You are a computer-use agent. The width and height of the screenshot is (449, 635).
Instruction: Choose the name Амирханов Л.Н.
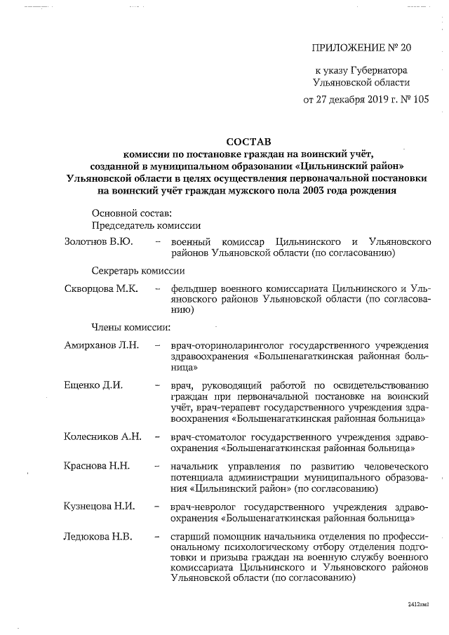[x=102, y=345]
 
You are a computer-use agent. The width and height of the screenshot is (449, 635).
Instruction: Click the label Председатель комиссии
[x=147, y=225]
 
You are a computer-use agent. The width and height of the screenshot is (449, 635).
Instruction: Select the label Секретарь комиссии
[x=138, y=271]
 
